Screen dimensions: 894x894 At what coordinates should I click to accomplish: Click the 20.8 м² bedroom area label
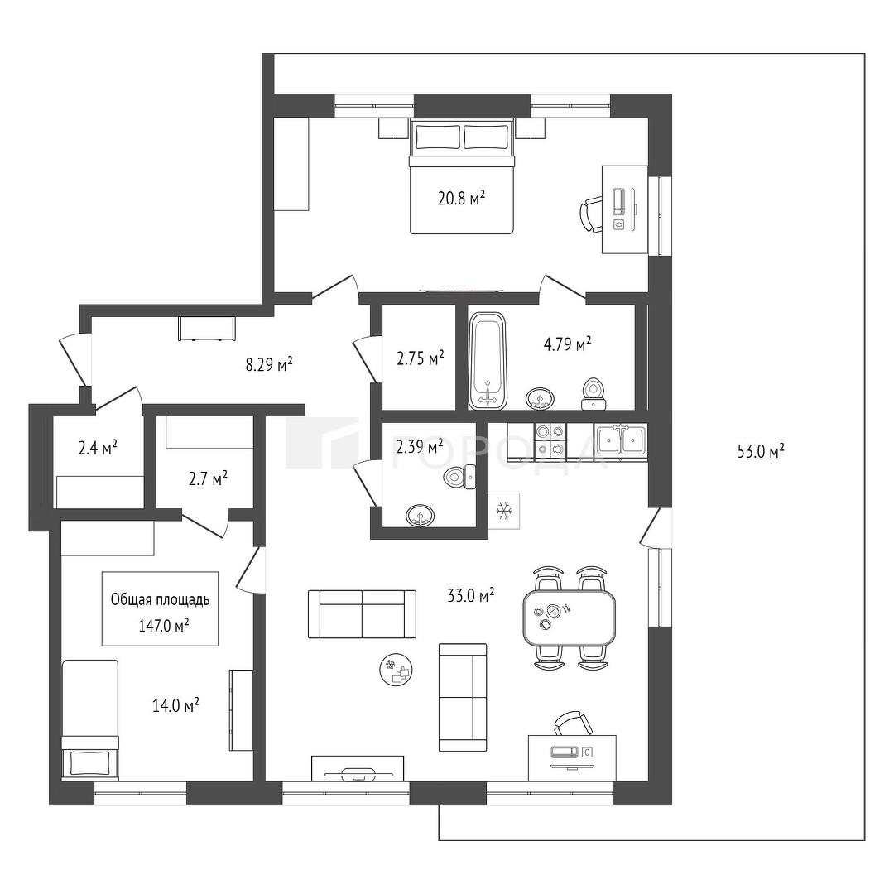pyautogui.click(x=461, y=198)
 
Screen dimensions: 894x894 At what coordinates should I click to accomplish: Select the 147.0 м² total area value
pyautogui.click(x=164, y=626)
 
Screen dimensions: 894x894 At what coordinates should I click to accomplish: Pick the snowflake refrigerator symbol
pyautogui.click(x=504, y=510)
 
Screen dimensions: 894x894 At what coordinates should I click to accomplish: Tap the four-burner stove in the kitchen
pyautogui.click(x=550, y=441)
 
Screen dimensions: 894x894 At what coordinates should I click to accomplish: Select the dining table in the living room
pyautogui.click(x=569, y=617)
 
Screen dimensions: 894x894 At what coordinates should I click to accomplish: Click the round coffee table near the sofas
pyautogui.click(x=397, y=670)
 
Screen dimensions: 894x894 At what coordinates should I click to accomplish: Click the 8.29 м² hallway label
pyautogui.click(x=269, y=363)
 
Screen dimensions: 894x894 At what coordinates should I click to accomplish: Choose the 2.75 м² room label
pyautogui.click(x=421, y=358)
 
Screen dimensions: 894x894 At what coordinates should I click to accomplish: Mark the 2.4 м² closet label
pyautogui.click(x=98, y=448)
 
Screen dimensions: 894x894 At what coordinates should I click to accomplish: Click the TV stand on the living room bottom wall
pyautogui.click(x=358, y=767)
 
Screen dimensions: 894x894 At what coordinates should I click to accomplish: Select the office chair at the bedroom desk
pyautogui.click(x=591, y=214)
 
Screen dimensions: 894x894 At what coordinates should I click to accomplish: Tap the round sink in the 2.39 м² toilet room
pyautogui.click(x=421, y=516)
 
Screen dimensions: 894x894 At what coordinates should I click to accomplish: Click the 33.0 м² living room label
pyautogui.click(x=470, y=596)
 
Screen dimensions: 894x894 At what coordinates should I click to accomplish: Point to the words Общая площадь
pyautogui.click(x=161, y=600)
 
